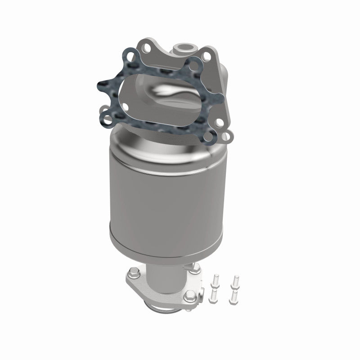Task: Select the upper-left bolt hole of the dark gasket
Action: click(x=130, y=58)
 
